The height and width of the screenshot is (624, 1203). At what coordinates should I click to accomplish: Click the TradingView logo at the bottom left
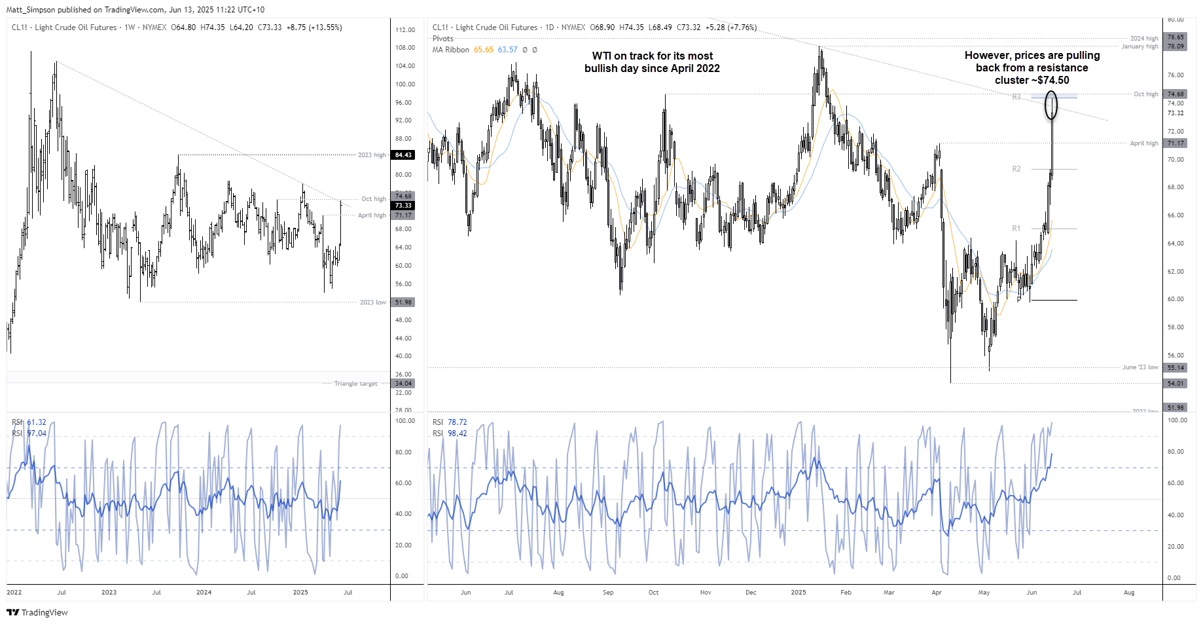tap(37, 612)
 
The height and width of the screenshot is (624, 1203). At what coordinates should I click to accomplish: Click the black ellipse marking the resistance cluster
tap(1050, 105)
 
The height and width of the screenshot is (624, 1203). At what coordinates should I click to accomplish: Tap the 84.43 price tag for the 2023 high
tap(403, 155)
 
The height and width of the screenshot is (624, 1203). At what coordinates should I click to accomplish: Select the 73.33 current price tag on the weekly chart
tap(403, 206)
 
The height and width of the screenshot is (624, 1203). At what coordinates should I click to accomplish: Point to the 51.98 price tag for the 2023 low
tap(403, 303)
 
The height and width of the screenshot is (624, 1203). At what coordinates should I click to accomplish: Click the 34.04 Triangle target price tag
tap(403, 384)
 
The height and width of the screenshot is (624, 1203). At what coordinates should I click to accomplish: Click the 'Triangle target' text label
tap(355, 384)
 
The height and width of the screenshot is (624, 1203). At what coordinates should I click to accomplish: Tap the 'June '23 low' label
tap(1140, 367)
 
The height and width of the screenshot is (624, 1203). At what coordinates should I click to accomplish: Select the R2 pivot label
tap(1016, 169)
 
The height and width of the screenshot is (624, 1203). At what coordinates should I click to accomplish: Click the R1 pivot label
tap(1016, 229)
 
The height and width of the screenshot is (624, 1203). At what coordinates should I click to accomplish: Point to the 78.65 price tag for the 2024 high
tap(1176, 37)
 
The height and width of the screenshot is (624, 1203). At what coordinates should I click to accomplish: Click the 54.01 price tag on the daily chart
tap(1176, 384)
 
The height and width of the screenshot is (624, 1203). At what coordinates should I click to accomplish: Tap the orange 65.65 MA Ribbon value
tap(484, 50)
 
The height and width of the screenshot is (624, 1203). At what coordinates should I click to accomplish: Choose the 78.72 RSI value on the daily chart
tap(457, 422)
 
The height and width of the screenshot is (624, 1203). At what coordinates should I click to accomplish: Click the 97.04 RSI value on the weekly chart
tap(37, 433)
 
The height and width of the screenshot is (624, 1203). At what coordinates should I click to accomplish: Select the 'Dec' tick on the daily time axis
tap(751, 593)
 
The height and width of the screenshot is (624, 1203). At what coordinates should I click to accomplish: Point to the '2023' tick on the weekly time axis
tap(109, 593)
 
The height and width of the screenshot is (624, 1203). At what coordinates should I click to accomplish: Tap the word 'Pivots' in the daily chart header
tap(442, 39)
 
